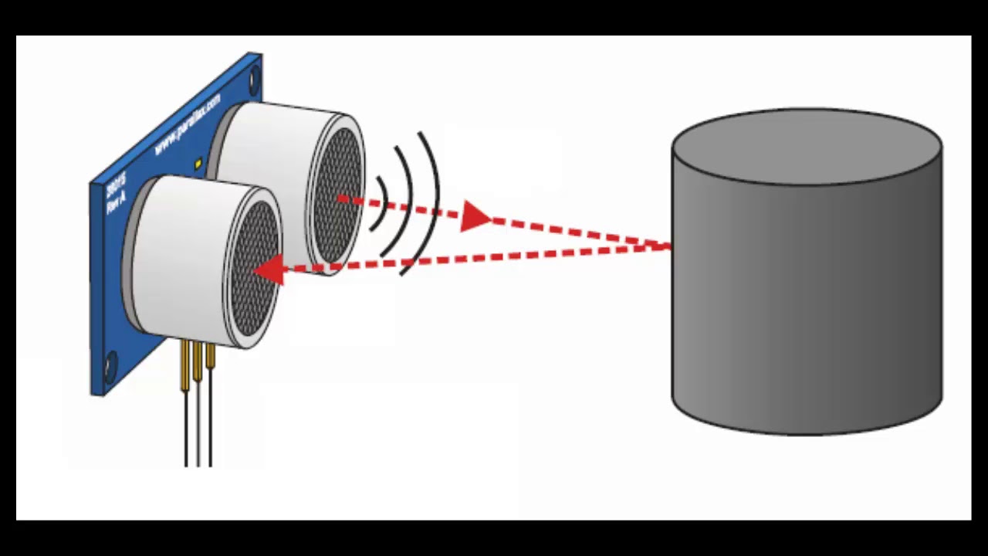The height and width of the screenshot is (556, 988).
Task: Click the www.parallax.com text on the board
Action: click(188, 124)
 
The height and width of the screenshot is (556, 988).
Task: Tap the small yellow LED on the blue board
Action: click(198, 164)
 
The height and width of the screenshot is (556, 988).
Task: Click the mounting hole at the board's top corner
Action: click(254, 75)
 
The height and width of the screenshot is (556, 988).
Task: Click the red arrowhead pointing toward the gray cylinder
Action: click(475, 217)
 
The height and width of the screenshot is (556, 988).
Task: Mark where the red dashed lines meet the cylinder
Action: click(670, 246)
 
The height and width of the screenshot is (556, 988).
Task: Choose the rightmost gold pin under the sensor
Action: click(210, 357)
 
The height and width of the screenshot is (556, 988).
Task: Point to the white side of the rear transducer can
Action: click(262, 147)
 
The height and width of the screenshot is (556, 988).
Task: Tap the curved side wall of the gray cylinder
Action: click(807, 309)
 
